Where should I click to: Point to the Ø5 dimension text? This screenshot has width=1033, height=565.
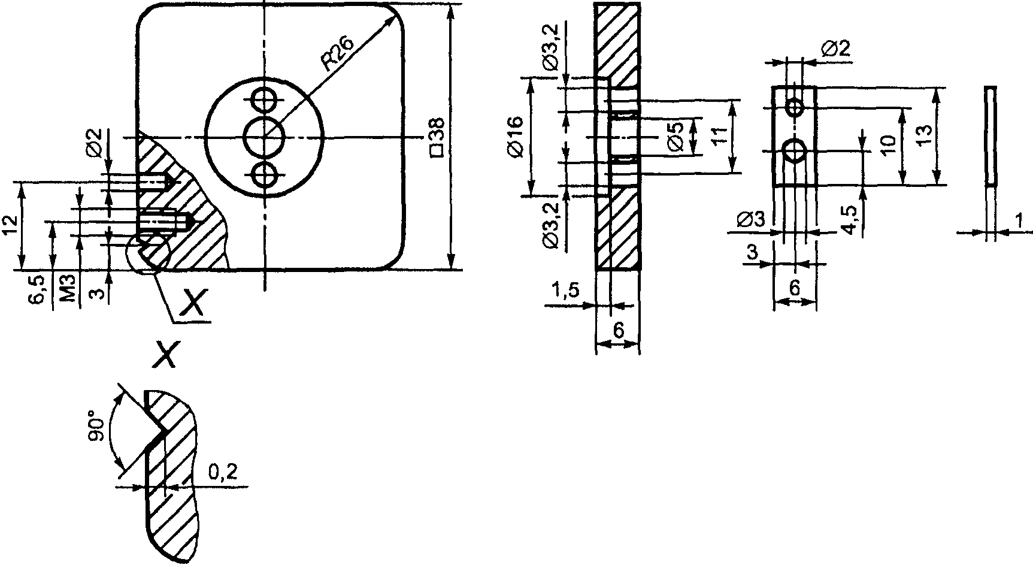[675, 136]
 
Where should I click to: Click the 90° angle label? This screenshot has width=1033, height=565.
[96, 425]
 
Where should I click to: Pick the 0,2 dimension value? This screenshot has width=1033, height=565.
[223, 472]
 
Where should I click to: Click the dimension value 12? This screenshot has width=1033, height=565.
[9, 226]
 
